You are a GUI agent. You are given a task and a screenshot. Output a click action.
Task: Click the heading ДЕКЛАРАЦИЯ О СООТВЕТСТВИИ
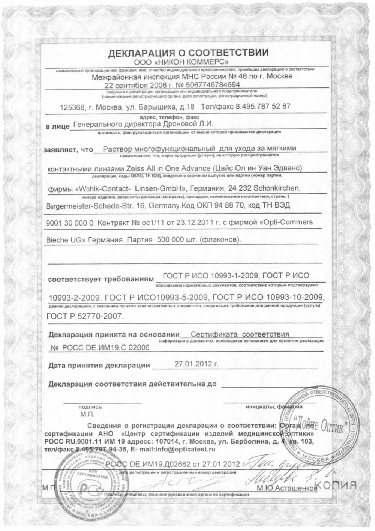click(188, 53)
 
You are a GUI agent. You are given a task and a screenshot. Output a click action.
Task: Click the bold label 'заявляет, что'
click(68, 149)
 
